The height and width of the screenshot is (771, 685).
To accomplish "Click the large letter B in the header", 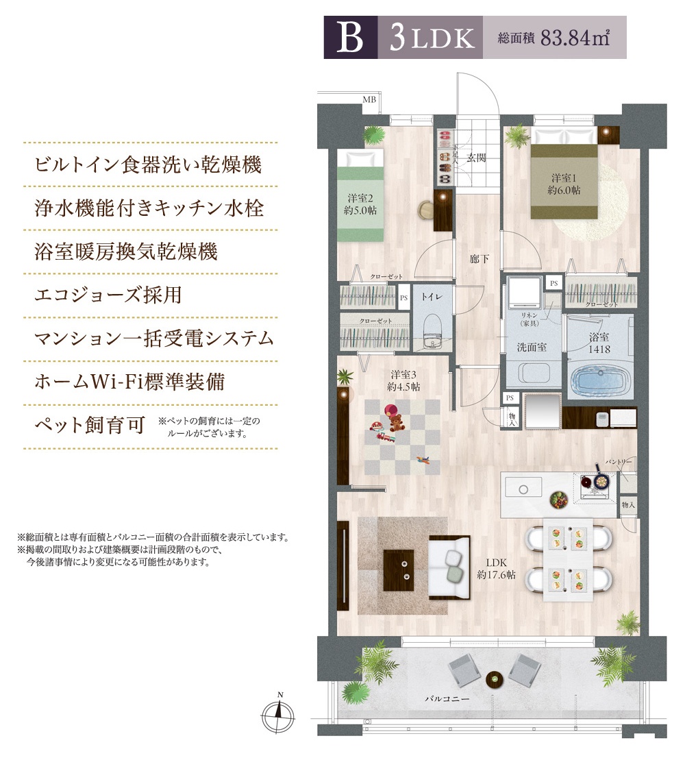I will [350, 38].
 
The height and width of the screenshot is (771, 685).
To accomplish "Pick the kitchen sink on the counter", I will [524, 488].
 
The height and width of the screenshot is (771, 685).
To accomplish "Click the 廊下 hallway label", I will [479, 259].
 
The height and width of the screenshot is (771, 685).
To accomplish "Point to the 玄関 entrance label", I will [477, 158].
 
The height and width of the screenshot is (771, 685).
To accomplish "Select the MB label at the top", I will [370, 100].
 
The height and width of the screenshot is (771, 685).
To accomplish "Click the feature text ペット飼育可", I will [90, 426].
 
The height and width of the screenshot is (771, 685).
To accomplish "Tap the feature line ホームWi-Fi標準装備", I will [129, 382].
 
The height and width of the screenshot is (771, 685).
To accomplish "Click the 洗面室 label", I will [532, 347].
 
